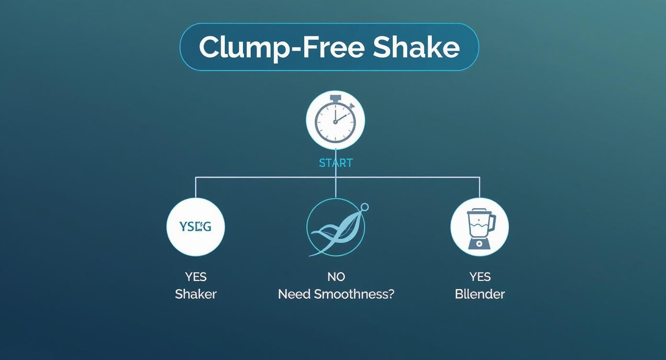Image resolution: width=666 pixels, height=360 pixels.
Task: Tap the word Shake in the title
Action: [416, 47]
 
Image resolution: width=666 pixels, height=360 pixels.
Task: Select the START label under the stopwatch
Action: [335, 163]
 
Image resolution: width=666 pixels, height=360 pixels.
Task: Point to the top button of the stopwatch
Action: [335, 98]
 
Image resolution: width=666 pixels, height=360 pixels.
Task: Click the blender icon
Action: [479, 227]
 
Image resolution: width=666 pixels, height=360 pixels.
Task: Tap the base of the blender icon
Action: [479, 243]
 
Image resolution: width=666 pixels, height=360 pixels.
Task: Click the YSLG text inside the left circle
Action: [195, 226]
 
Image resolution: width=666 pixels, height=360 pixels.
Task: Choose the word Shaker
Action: [196, 294]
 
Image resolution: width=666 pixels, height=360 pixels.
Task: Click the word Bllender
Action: [479, 294]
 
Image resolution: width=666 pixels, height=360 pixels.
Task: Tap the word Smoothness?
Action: [354, 294]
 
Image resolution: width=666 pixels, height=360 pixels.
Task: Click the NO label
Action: [336, 277]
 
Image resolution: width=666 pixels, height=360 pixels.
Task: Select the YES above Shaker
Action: [196, 277]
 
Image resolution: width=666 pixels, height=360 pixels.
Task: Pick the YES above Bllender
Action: [479, 277]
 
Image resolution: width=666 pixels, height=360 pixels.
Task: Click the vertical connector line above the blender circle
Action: [479, 187]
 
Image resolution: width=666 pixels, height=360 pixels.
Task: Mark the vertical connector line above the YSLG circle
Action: [196, 187]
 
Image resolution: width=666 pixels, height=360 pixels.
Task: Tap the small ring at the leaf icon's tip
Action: [365, 207]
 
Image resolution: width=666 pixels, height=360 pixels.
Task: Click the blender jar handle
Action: [492, 223]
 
